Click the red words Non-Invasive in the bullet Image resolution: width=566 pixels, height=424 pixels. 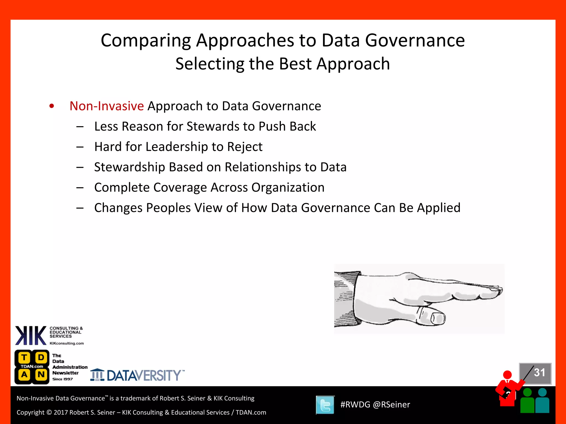[x=106, y=106]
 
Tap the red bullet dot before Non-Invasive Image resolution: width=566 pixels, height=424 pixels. [x=52, y=106]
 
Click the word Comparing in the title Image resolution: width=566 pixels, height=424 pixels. [x=146, y=41]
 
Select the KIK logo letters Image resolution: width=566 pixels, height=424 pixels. [x=30, y=336]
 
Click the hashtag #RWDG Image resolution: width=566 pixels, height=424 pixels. [x=355, y=405]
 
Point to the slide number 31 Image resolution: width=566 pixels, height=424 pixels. [x=539, y=373]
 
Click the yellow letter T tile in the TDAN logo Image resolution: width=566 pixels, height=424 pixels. [x=24, y=358]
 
